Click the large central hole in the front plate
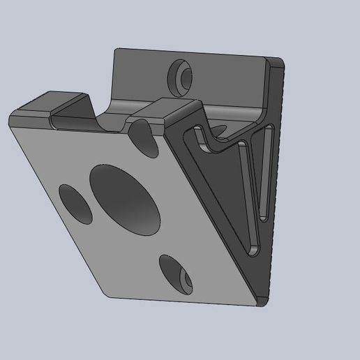[125, 200]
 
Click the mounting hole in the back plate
[179, 75]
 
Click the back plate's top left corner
[118, 50]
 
